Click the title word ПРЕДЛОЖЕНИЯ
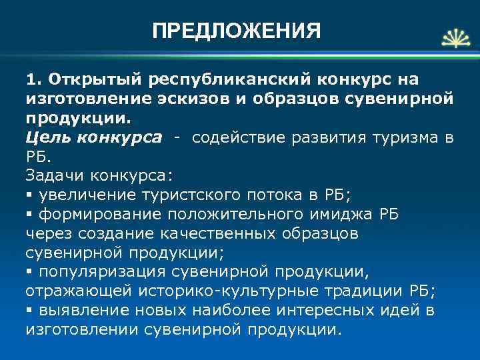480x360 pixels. pyautogui.click(x=236, y=31)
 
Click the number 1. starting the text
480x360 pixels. pyautogui.click(x=33, y=81)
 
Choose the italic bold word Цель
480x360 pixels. pyautogui.click(x=48, y=138)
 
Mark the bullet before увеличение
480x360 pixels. pyautogui.click(x=29, y=195)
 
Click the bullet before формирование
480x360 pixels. pyautogui.click(x=29, y=215)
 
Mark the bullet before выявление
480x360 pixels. pyautogui.click(x=29, y=311)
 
